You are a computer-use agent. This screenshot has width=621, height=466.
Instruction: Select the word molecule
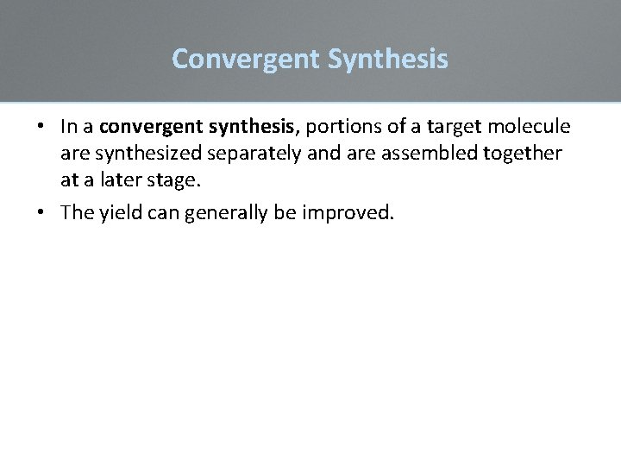click(529, 127)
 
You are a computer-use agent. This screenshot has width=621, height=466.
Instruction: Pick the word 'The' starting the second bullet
click(75, 213)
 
